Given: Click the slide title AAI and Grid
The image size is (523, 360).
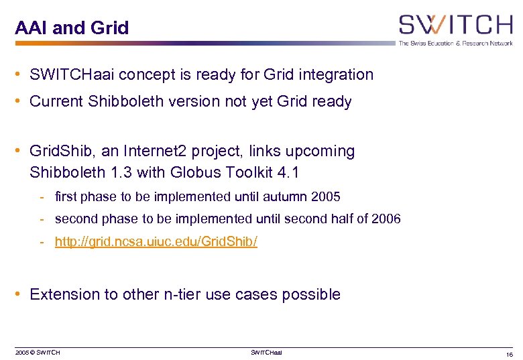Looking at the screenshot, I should pyautogui.click(x=72, y=28).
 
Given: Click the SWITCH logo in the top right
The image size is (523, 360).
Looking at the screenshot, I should pyautogui.click(x=455, y=25).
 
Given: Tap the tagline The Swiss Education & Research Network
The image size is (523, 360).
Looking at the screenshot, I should pyautogui.click(x=455, y=43).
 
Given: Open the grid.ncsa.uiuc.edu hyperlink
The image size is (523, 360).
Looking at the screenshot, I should pyautogui.click(x=156, y=241).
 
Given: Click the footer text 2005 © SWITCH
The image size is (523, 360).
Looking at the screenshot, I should pyautogui.click(x=38, y=353).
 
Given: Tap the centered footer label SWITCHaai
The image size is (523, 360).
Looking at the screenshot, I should pyautogui.click(x=266, y=353).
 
